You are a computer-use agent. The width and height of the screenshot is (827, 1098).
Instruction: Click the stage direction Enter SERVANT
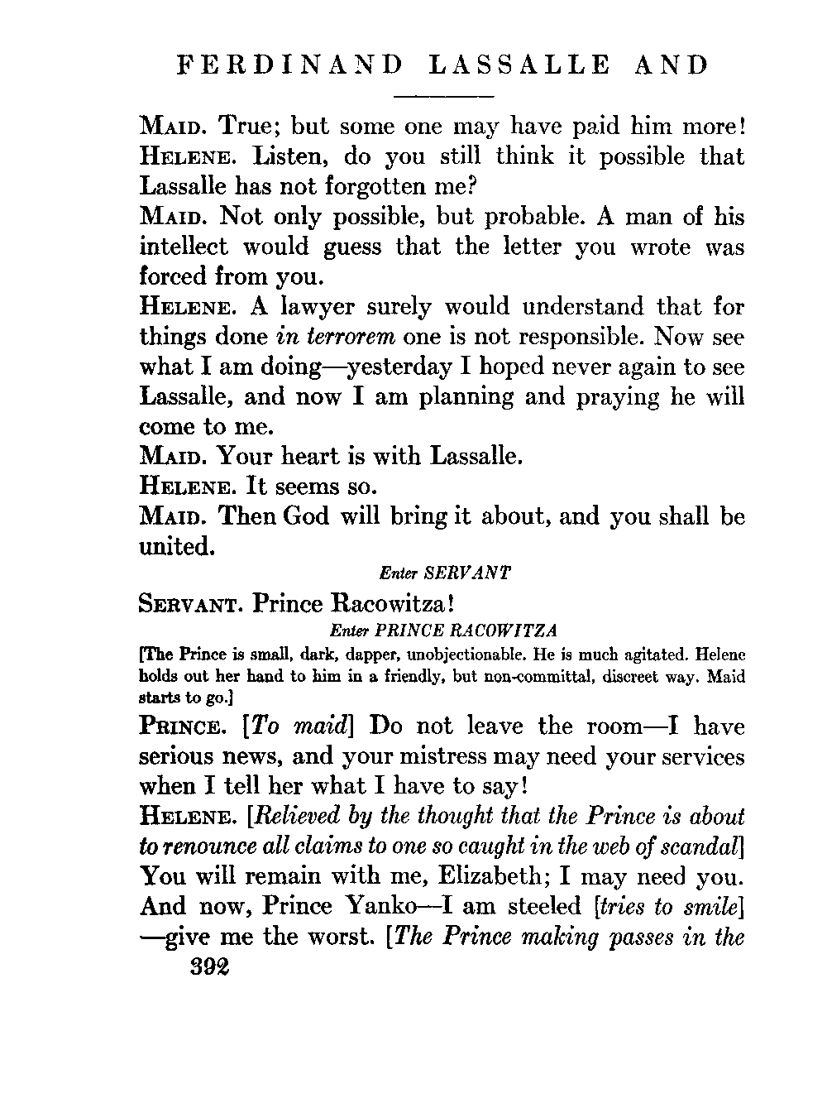[x=444, y=573]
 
